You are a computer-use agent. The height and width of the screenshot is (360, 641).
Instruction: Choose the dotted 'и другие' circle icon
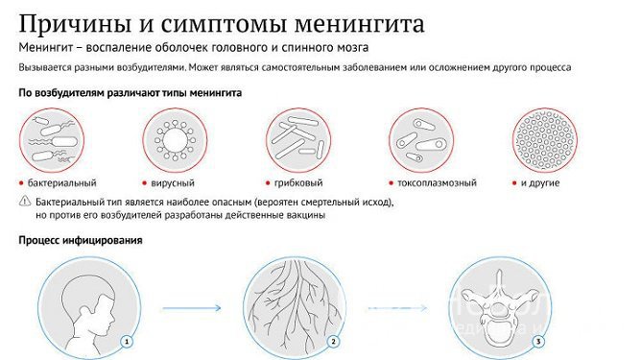click(x=545, y=139)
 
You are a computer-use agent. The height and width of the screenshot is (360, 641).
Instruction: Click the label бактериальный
click(x=61, y=182)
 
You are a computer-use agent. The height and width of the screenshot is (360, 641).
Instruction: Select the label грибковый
click(x=298, y=182)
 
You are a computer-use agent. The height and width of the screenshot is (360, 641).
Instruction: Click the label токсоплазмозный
click(x=430, y=182)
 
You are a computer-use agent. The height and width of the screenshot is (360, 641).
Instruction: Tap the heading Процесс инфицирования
click(x=80, y=240)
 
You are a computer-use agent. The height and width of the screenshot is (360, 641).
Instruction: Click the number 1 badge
click(x=125, y=341)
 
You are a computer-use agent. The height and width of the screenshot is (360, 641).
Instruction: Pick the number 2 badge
click(x=332, y=341)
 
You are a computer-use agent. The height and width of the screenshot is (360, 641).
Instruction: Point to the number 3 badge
click(x=538, y=341)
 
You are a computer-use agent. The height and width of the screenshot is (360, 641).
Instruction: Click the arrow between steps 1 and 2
click(x=191, y=307)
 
